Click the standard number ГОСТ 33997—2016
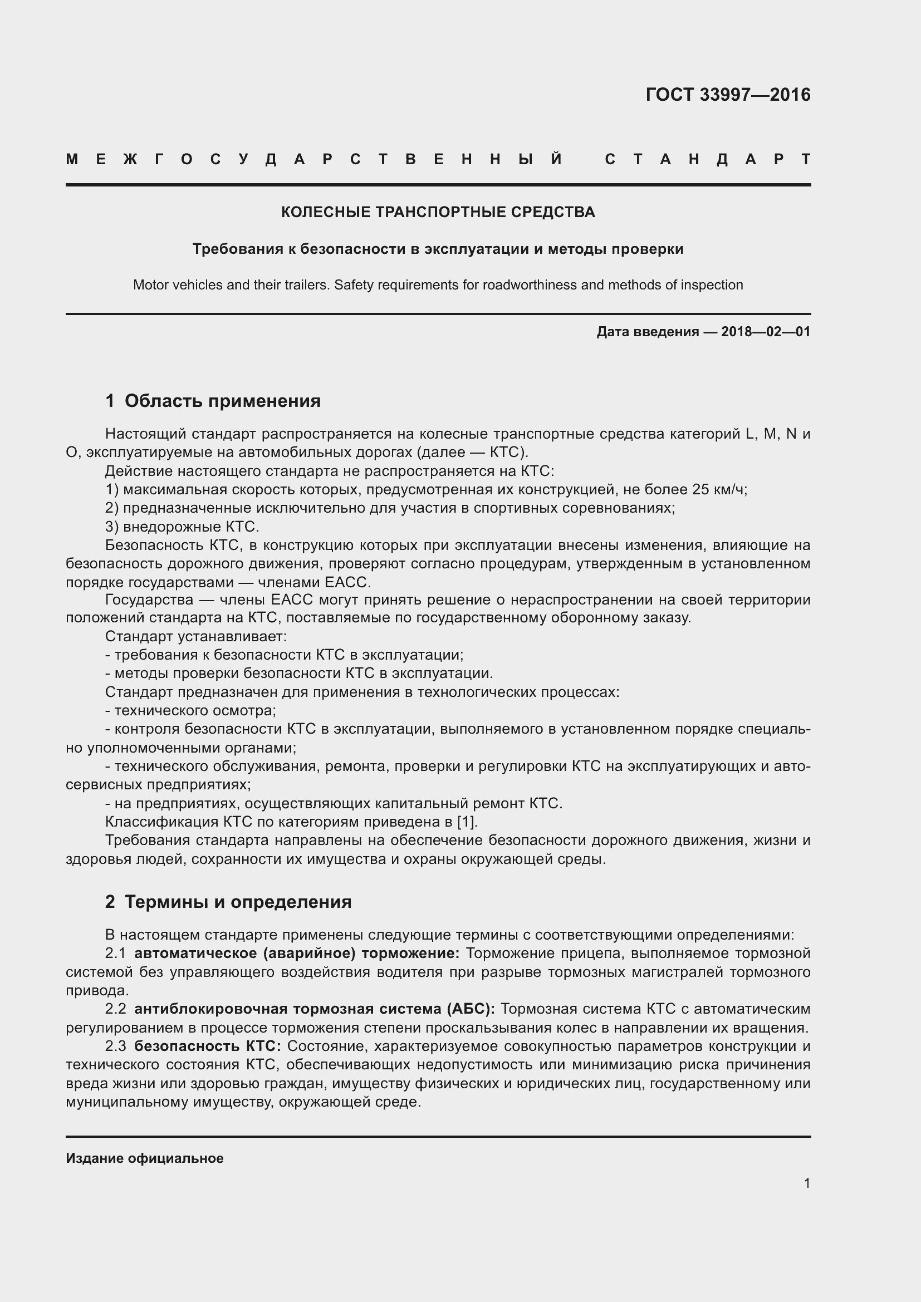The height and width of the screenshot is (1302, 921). coord(728,95)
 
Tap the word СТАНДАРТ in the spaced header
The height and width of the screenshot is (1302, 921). coord(707,159)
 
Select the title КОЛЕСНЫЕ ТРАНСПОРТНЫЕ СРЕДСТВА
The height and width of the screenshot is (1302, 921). coord(438,212)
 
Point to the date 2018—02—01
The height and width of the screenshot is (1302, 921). coord(765,332)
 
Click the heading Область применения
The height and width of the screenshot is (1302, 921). coord(222,401)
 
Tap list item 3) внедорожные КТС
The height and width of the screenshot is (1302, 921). coord(182,527)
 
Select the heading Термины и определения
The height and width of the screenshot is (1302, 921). coord(238,902)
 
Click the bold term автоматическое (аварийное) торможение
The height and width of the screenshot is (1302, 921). coord(297,953)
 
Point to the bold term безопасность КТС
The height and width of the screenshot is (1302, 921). coord(208,1046)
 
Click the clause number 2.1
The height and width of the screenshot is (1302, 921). coord(115,953)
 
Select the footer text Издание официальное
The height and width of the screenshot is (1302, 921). coord(145,1158)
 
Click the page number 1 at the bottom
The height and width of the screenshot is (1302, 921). coord(806,1183)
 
